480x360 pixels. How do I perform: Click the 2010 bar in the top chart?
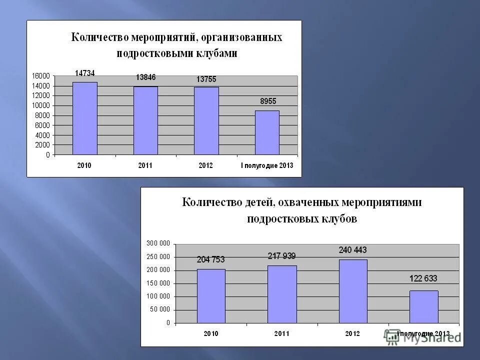click(85, 118)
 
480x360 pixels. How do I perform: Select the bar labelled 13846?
click(145, 120)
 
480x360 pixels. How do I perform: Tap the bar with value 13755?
click(206, 121)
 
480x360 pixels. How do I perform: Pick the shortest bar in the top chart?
click(267, 132)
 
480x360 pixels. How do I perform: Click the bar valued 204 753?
click(211, 296)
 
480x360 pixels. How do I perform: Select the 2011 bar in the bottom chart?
click(282, 294)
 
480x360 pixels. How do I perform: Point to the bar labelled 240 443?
click(353, 291)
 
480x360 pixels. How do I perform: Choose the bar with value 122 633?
click(424, 307)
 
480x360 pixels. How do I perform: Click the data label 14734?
click(84, 73)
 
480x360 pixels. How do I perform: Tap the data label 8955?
click(267, 101)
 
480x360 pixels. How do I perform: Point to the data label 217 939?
click(281, 256)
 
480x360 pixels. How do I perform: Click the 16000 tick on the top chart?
click(41, 76)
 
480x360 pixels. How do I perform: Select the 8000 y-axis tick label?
click(43, 115)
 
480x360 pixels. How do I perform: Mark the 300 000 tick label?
click(158, 243)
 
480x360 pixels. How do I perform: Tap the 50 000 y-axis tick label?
click(160, 310)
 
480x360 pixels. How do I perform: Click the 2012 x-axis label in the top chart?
click(206, 165)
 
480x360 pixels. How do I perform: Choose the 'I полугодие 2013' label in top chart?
click(267, 165)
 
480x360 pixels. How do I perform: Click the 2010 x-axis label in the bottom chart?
click(210, 333)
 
